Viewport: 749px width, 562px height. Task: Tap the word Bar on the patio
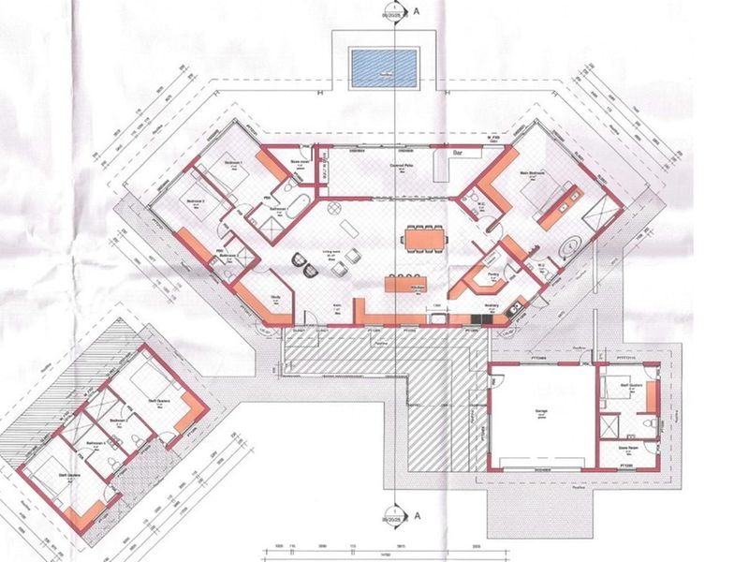[x=460, y=151]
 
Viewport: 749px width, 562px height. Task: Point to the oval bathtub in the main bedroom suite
[x=567, y=248]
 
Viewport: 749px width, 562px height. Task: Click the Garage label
[x=541, y=411]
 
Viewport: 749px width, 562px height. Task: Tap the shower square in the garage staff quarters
[x=610, y=423]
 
